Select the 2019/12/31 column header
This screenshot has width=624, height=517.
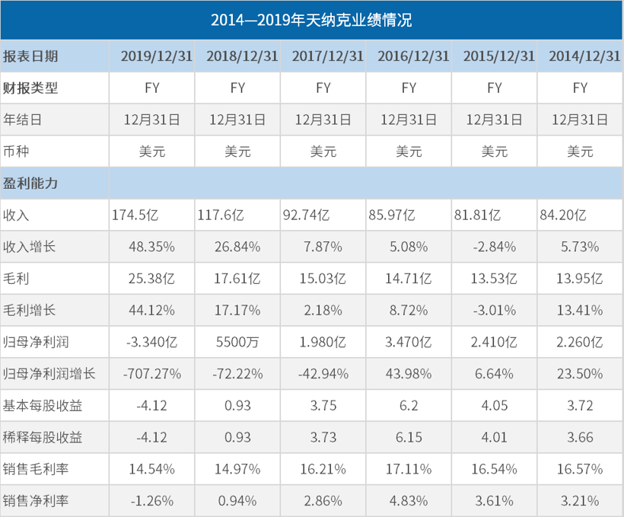coord(151,56)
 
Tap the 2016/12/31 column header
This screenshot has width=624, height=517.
coord(409,56)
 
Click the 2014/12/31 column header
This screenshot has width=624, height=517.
coord(580,56)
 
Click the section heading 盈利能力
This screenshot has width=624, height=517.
coord(31,184)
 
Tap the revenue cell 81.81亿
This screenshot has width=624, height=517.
coord(477,215)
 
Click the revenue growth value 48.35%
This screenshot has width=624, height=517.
coord(152,247)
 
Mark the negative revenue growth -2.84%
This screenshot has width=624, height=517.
coord(495,247)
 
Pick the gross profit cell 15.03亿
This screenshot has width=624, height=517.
coord(323,279)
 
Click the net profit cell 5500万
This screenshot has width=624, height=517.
coord(237,342)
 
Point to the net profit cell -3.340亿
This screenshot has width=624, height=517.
coord(152,342)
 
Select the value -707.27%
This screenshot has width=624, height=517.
coord(152,374)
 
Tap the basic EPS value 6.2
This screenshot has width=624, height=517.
coord(409,406)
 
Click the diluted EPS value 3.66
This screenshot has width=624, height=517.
coord(580,437)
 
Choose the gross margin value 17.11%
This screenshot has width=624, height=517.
coord(409,469)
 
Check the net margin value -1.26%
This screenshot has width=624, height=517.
coord(152,501)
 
